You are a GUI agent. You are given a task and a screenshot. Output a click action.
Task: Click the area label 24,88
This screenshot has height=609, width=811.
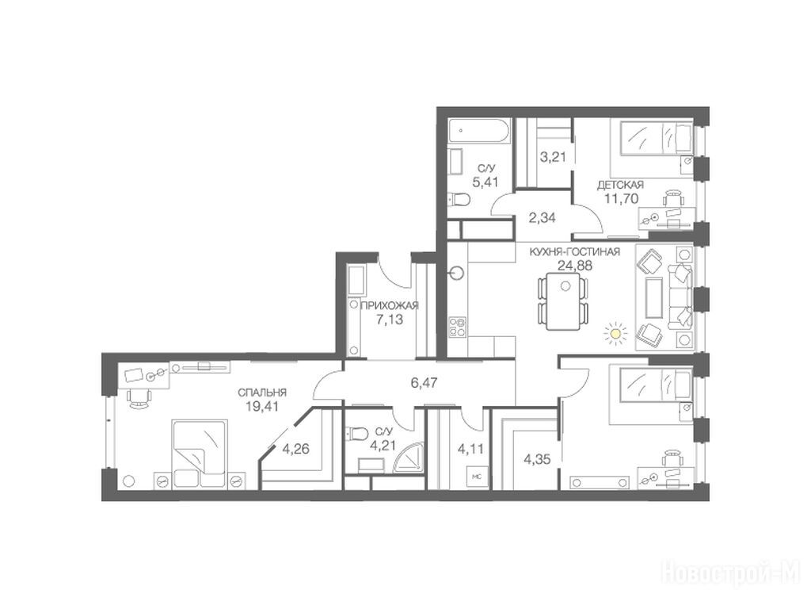pos(575,266)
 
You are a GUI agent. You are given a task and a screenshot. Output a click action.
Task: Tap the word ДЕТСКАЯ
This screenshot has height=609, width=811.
pos(620,185)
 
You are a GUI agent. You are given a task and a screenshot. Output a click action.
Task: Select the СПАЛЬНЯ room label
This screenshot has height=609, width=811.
pos(262,393)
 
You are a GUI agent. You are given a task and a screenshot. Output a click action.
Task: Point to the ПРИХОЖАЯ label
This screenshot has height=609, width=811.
pos(390,305)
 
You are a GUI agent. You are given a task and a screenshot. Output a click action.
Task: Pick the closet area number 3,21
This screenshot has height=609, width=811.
pos(553,157)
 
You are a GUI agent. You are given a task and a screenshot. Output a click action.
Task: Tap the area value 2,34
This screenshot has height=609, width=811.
pos(542,218)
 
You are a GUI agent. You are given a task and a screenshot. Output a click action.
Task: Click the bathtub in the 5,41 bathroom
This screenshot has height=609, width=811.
pos(479,132)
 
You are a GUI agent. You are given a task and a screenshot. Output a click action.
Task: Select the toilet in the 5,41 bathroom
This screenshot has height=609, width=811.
pos(459,198)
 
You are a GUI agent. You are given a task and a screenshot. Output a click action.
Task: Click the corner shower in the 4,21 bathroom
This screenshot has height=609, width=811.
pos(409,458)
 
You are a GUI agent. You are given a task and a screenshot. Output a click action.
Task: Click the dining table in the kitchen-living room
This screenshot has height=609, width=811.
pos(564,301)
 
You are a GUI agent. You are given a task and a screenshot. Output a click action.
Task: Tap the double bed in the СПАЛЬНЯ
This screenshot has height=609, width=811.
pos(200,454)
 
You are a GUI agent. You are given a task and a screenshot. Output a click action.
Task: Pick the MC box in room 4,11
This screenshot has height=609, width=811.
pos(476,477)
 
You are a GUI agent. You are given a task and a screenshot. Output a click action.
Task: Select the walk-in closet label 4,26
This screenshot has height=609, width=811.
pos(295,449)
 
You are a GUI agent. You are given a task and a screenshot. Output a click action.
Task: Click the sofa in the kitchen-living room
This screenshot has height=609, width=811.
pos(680,297)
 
